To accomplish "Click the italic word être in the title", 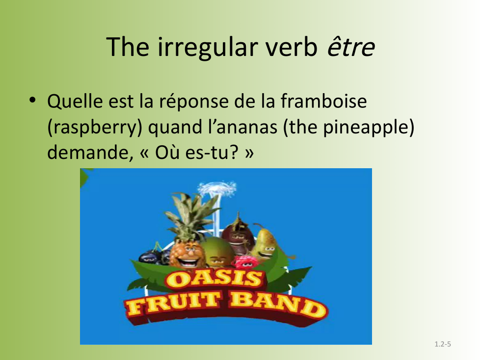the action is tap(351, 47).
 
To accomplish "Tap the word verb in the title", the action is tap(291, 47).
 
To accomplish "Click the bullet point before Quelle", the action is tap(32, 100).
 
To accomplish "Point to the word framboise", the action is tap(323, 101).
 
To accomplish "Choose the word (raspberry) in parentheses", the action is tap(95, 128).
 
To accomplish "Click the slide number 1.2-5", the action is tap(443, 344).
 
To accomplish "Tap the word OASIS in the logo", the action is tap(213, 279).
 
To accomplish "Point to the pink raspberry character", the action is tap(244, 262).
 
